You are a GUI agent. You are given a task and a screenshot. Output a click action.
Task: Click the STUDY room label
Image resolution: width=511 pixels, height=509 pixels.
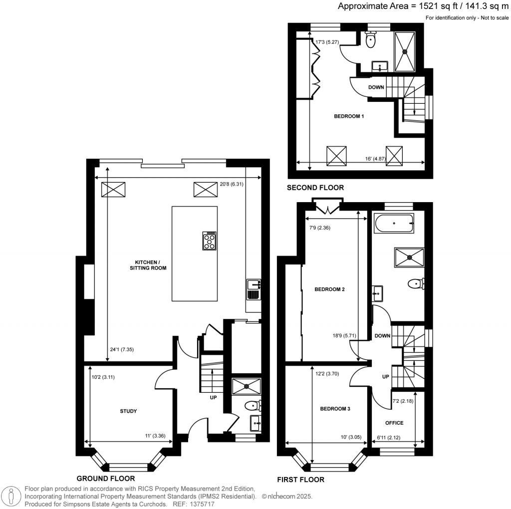[128, 411]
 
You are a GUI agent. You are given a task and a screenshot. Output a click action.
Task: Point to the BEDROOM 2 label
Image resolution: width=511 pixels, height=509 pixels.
[329, 289]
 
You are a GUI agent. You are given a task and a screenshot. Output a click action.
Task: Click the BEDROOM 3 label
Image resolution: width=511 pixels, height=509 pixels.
[335, 408]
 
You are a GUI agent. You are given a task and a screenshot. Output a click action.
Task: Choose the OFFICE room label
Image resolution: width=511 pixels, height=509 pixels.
[394, 423]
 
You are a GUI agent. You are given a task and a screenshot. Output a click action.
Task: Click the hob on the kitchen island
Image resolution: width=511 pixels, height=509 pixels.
[210, 241]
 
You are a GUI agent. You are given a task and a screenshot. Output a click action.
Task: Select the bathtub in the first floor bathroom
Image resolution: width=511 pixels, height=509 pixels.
[394, 224]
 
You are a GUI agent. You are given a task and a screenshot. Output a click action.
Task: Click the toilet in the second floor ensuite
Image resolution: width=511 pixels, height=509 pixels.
[370, 40]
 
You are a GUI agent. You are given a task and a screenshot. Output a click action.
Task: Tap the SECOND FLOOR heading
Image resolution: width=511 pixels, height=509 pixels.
[315, 188]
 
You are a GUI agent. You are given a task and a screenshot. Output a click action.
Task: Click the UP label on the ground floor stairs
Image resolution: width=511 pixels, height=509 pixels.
[213, 398]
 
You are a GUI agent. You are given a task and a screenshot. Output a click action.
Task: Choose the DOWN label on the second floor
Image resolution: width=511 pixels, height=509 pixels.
[376, 87]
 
